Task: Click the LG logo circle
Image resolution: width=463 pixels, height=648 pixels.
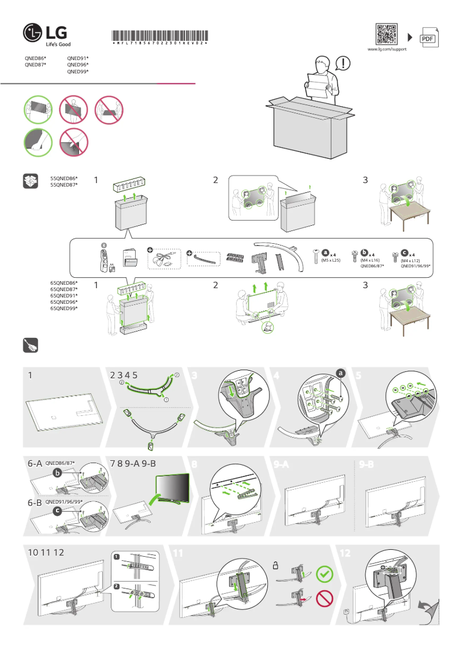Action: coord(32,33)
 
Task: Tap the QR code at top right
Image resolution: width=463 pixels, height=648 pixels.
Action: coord(387,34)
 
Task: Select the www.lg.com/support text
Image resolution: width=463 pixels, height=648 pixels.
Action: coord(387,50)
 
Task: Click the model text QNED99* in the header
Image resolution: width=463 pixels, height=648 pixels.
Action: coord(77,72)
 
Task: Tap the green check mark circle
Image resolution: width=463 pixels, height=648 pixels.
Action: coord(325,573)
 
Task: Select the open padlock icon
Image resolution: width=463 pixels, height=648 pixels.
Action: coord(277,566)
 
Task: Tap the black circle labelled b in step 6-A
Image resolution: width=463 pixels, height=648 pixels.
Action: coord(57,473)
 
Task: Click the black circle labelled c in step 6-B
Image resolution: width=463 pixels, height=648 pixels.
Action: coord(57,511)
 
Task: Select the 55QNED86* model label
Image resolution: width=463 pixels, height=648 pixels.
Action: coord(64,178)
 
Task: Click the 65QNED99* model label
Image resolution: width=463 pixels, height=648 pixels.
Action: coord(64,308)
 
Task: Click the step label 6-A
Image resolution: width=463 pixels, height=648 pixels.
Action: coord(35,464)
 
